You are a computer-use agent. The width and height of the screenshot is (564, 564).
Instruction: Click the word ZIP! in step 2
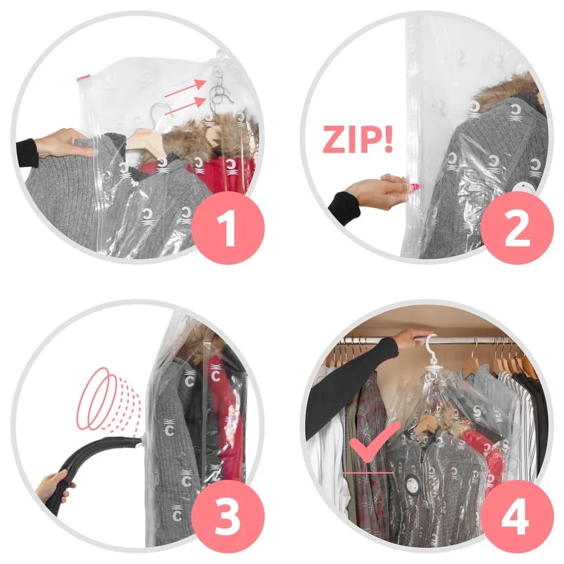[x=357, y=140]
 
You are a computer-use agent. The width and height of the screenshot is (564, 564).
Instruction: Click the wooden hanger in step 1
[x=146, y=140]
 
